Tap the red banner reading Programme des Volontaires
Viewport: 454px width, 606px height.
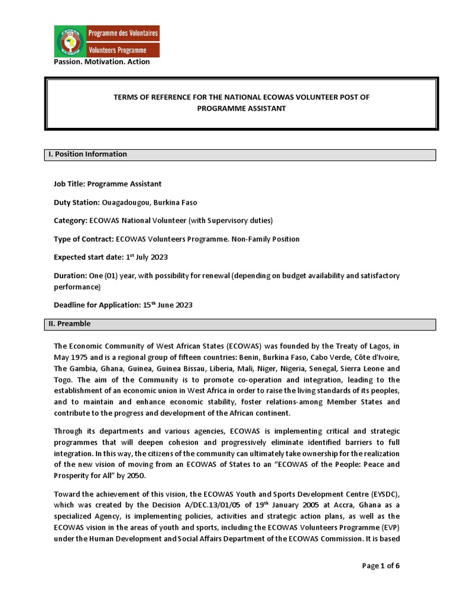(x=123, y=34)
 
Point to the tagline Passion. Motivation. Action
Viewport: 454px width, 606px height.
(x=102, y=62)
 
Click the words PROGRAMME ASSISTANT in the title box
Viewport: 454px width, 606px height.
(x=242, y=108)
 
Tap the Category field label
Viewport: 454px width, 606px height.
(x=70, y=221)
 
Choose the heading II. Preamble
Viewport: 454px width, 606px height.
(x=69, y=324)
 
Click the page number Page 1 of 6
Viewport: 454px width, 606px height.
(x=381, y=566)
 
